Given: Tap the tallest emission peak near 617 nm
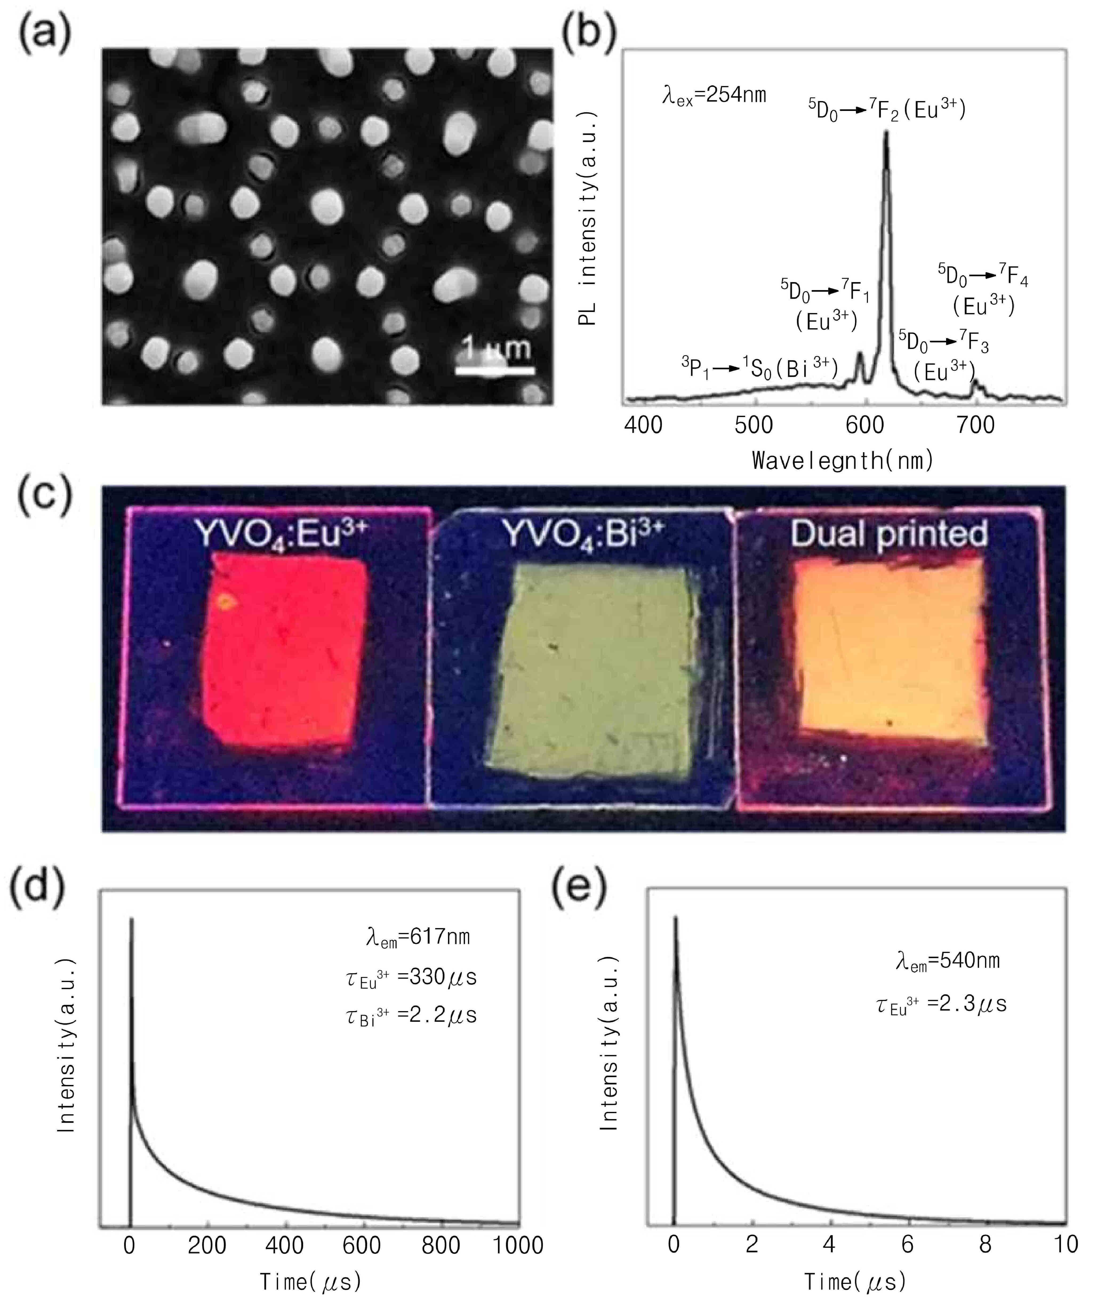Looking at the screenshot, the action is tap(886, 134).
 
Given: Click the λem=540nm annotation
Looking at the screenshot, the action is tap(947, 962).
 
